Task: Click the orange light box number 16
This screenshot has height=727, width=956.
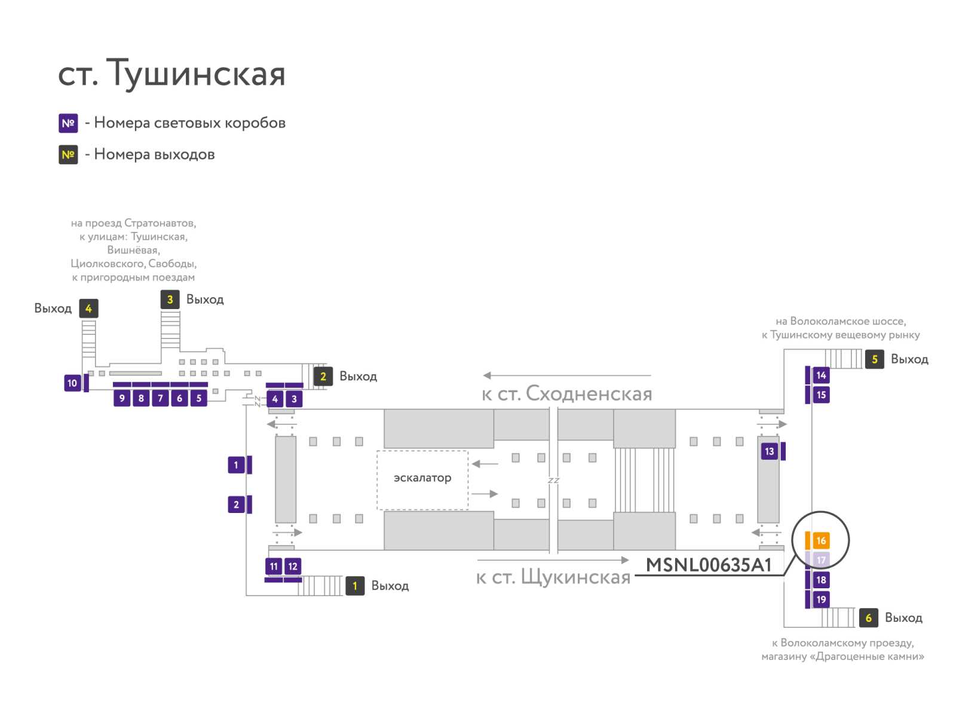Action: tap(820, 540)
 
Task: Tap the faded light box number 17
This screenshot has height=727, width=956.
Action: tap(820, 560)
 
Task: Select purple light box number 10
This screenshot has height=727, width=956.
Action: tap(72, 383)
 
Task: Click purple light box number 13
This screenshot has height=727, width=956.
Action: tap(769, 451)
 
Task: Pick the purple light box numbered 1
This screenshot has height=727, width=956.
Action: tap(236, 465)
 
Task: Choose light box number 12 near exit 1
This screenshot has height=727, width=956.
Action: tap(293, 566)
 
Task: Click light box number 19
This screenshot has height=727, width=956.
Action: tap(820, 600)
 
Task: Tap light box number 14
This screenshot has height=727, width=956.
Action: tap(820, 375)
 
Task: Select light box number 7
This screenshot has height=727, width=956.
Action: tap(160, 398)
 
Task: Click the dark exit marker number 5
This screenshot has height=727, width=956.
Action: tap(874, 359)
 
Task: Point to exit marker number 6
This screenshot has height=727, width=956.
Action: tap(868, 618)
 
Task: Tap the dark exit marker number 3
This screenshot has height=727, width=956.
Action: tap(170, 300)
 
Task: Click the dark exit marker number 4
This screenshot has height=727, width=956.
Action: tap(88, 308)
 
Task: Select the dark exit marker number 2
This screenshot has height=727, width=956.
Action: tap(323, 377)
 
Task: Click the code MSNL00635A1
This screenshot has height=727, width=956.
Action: tap(709, 565)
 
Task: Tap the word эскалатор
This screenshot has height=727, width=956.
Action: tap(422, 478)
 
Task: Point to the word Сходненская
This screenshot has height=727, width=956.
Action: tap(589, 394)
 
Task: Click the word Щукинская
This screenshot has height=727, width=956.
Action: tap(576, 577)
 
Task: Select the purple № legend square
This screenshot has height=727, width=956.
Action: tap(68, 123)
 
